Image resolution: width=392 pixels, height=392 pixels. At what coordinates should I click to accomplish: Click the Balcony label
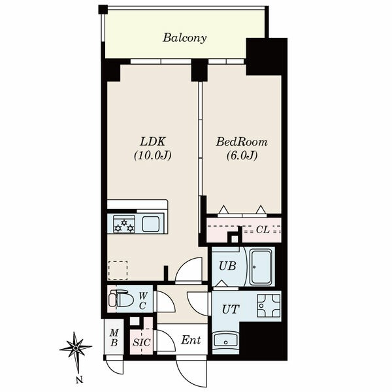[185, 38]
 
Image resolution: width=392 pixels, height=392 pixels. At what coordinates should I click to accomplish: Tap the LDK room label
[152, 142]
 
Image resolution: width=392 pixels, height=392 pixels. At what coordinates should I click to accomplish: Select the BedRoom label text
[242, 142]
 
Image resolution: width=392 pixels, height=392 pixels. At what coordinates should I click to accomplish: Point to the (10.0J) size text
[152, 155]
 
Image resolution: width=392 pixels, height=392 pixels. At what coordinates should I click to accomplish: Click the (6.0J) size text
[242, 155]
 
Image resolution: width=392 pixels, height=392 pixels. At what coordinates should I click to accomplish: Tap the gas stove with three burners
[124, 224]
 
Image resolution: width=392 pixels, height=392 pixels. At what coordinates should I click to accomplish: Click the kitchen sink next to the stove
[151, 224]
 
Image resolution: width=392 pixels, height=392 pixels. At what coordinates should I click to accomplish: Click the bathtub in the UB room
[261, 267]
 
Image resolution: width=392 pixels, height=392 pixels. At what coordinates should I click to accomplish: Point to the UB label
[227, 266]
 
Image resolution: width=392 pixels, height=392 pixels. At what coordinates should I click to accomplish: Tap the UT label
[231, 309]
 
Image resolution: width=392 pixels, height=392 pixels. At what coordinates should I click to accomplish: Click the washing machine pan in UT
[269, 306]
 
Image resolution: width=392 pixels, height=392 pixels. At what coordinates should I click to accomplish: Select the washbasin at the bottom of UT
[226, 340]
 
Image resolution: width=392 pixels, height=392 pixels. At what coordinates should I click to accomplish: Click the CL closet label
[263, 229]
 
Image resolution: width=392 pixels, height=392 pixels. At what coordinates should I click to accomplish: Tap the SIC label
[142, 342]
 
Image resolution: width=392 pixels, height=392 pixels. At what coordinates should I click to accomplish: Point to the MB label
[114, 338]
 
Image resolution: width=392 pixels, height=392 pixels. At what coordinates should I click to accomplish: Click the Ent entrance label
[191, 340]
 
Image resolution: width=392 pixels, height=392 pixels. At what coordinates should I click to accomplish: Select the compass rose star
[76, 348]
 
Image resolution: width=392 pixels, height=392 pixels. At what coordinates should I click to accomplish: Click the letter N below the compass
[79, 380]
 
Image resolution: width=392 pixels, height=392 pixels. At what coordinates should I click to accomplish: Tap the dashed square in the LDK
[118, 270]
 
